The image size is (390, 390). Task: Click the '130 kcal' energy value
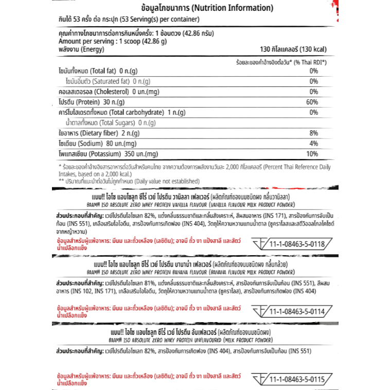coord(294,49)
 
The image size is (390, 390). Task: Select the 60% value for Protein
coord(312,102)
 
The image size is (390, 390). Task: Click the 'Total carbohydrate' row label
coord(115,112)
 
